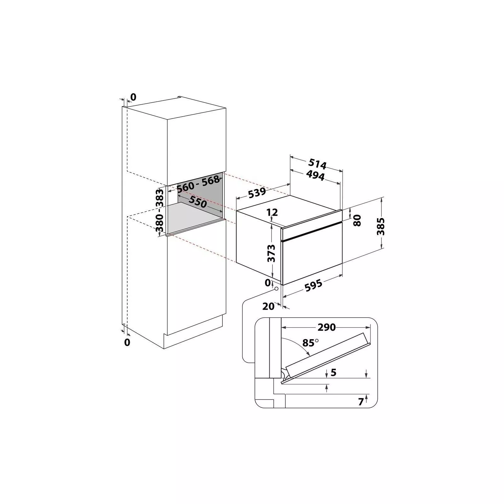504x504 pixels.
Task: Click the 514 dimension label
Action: click(317, 164)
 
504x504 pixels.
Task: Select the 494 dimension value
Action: click(315, 176)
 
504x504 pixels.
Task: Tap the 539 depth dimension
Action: click(257, 192)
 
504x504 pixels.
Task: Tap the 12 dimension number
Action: click(272, 212)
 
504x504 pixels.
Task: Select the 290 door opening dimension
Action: click(327, 327)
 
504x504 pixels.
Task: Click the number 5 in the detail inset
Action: click(334, 372)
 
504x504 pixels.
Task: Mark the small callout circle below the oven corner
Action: click(276, 288)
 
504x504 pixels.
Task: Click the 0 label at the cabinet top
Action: click(133, 97)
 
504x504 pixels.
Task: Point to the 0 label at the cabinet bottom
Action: click(127, 342)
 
